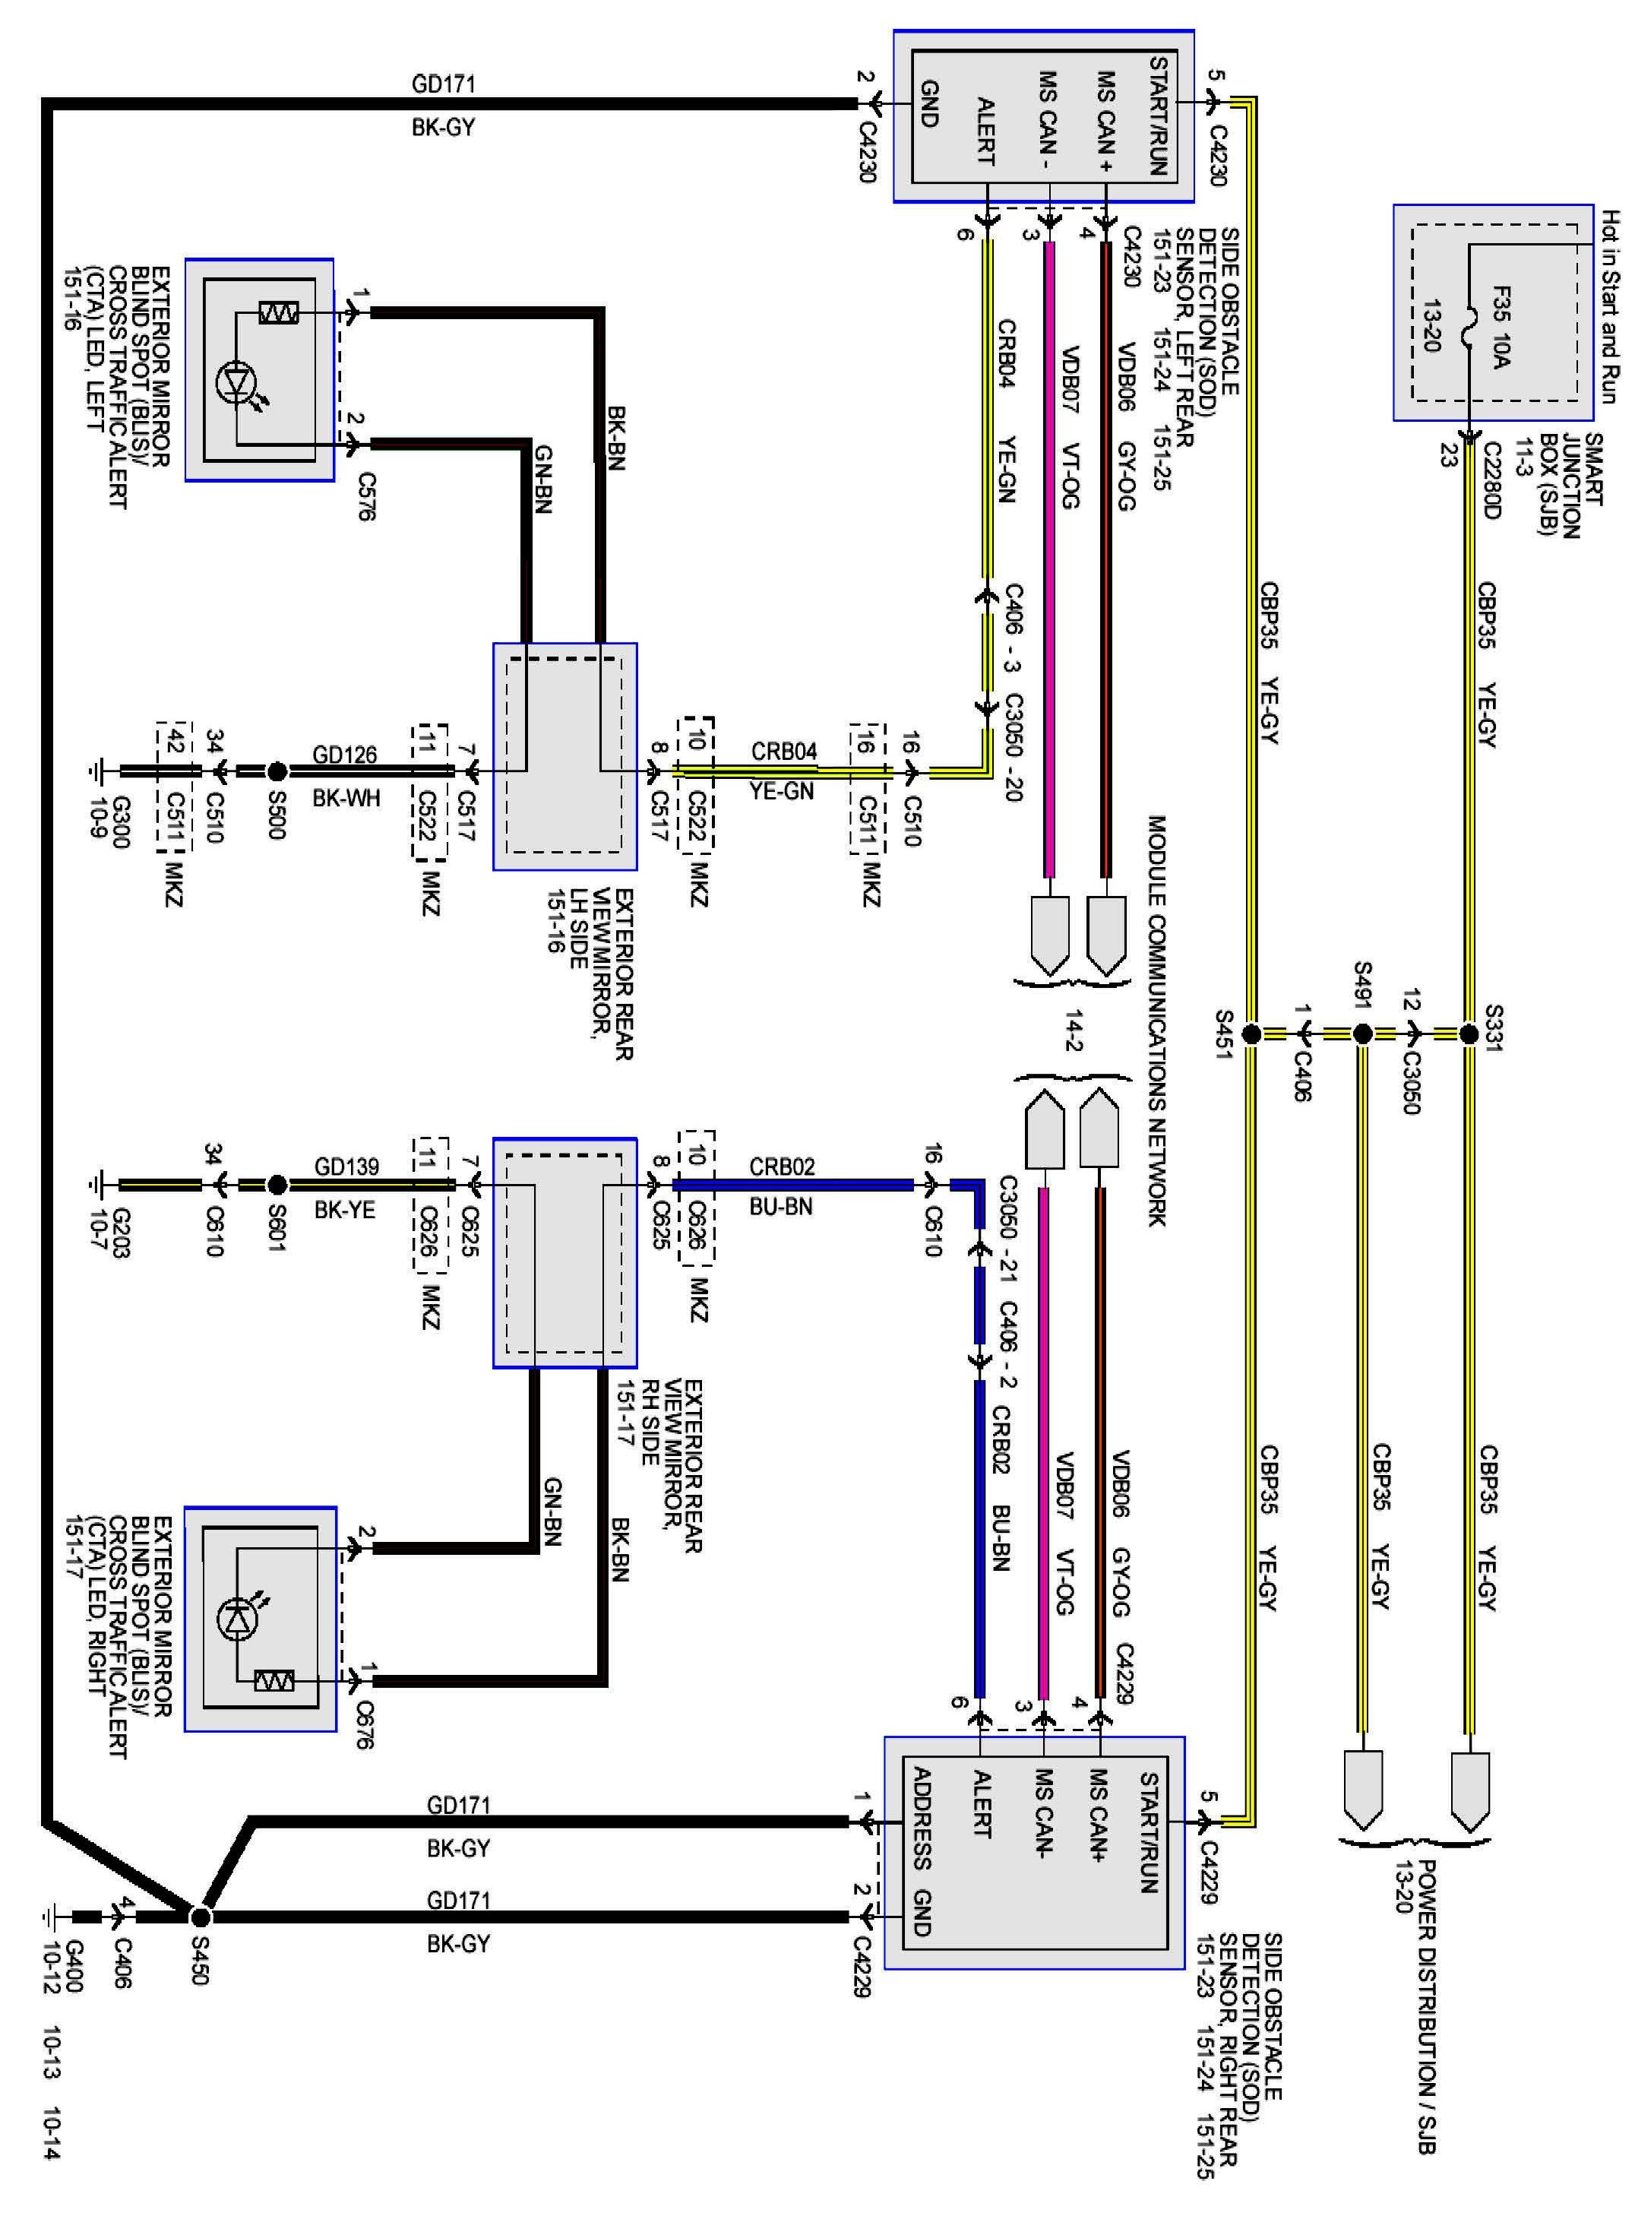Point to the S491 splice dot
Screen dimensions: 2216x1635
1361,1034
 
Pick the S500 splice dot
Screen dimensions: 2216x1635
277,770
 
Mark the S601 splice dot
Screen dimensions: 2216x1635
277,1184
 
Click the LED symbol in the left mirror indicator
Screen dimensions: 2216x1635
236,382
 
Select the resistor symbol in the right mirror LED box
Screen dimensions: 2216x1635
274,1680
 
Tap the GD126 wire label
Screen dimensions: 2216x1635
344,754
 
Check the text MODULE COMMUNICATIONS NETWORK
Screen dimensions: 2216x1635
1157,1019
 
